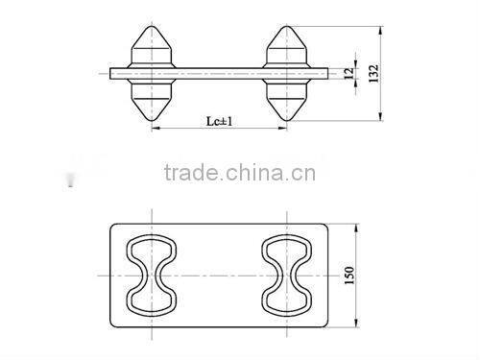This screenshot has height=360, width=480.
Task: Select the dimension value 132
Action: (375, 73)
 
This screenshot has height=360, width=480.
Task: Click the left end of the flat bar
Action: (111, 72)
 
